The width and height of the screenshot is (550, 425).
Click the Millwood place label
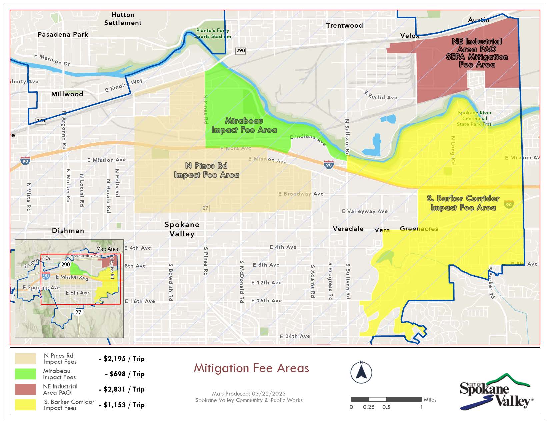click(x=67, y=94)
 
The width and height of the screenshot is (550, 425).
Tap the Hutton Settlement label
click(x=123, y=19)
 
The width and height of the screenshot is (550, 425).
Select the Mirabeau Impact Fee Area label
click(x=244, y=125)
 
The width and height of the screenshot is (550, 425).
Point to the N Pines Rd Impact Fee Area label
click(x=206, y=170)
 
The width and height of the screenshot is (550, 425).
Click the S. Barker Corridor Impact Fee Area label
click(x=463, y=203)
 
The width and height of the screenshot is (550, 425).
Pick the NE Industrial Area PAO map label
click(x=477, y=53)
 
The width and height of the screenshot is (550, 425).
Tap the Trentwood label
click(x=344, y=25)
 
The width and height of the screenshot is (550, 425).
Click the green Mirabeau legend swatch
click(x=25, y=374)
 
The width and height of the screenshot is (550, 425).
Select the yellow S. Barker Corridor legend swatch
click(x=25, y=405)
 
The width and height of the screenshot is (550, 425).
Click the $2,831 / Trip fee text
click(x=122, y=389)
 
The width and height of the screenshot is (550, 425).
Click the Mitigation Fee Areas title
click(x=251, y=368)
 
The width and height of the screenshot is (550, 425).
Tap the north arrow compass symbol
click(x=361, y=372)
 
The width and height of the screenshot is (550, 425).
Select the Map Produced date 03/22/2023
click(x=249, y=394)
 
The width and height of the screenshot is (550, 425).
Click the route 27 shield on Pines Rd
click(x=205, y=208)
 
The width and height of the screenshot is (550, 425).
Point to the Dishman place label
click(x=68, y=231)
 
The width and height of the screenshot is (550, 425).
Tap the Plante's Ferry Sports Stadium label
click(x=213, y=33)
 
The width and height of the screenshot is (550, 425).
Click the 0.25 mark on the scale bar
click(x=369, y=407)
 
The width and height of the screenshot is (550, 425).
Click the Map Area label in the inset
click(x=107, y=249)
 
